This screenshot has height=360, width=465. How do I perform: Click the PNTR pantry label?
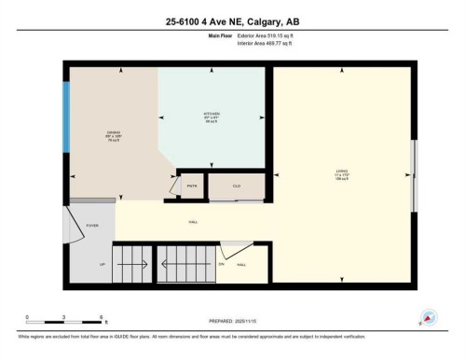(x=192, y=187)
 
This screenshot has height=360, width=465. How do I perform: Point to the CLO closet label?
(x=237, y=187)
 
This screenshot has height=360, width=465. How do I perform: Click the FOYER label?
(x=92, y=225)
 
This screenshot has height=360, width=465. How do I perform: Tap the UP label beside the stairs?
(x=102, y=265)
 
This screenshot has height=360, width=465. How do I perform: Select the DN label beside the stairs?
(x=222, y=265)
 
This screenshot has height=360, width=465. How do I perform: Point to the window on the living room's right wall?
(x=415, y=165)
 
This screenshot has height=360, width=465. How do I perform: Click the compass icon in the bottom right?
(x=429, y=317)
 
